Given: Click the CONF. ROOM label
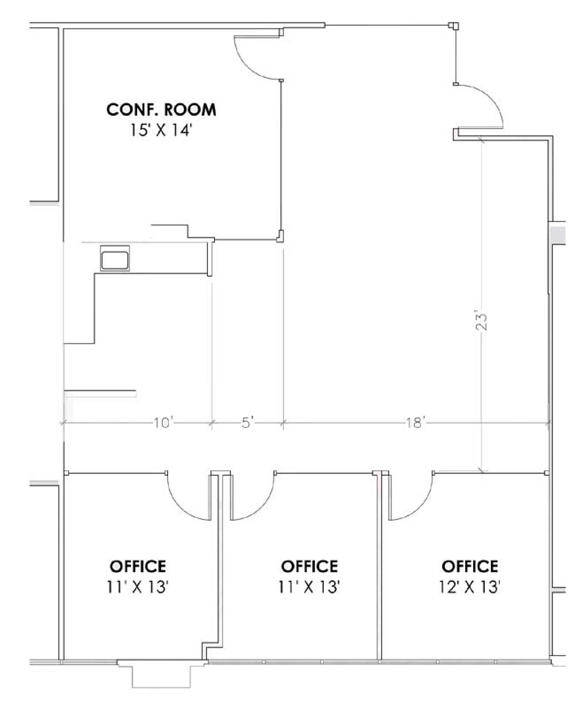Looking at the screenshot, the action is point(161,110).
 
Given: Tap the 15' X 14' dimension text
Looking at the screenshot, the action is point(161,130).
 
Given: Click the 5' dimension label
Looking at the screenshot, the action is point(247,423).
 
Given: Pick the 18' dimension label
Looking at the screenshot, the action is point(416,423).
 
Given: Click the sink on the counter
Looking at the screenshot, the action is point(115,258).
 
